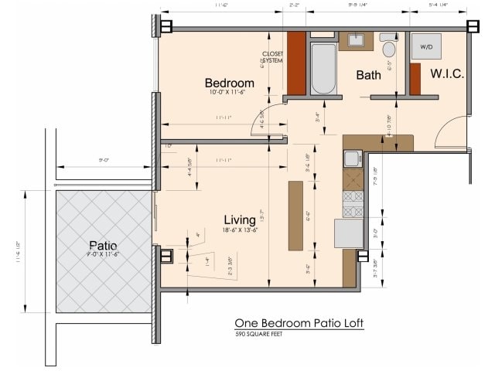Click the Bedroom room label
[229, 83]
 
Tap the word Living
[240, 220]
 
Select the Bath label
[368, 75]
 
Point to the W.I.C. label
[447, 74]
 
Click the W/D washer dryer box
[426, 47]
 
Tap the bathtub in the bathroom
[323, 68]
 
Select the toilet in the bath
[388, 48]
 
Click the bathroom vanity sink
[356, 39]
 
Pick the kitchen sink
[352, 159]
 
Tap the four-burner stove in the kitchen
[353, 203]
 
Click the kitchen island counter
[295, 215]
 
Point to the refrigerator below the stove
[349, 233]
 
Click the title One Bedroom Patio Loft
[299, 323]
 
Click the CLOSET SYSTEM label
[273, 56]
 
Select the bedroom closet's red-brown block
[296, 63]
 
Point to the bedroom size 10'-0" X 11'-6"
[229, 93]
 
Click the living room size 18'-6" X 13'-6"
[240, 230]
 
